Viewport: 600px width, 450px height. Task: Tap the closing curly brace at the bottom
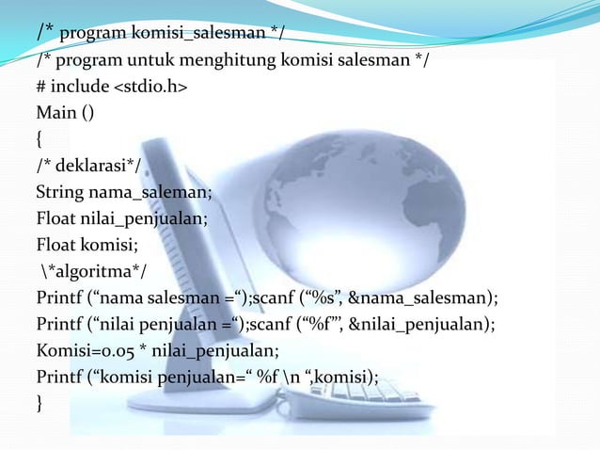pyautogui.click(x=39, y=405)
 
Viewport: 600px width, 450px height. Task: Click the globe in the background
pyautogui.click(x=376, y=188)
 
